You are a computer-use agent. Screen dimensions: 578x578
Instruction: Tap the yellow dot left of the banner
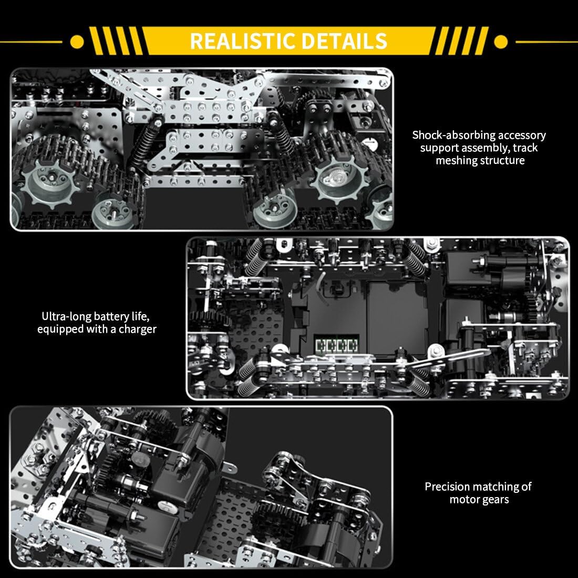click(77, 42)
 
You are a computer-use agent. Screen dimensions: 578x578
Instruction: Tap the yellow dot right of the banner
click(501, 42)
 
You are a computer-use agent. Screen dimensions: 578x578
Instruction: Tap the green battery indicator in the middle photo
click(336, 346)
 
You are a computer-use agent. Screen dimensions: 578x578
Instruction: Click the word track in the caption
click(525, 148)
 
